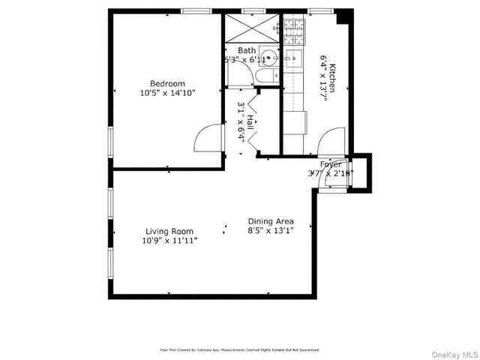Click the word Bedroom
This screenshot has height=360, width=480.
(166, 83)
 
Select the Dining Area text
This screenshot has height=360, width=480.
(271, 222)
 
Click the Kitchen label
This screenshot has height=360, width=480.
(334, 77)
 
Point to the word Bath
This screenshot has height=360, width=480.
(247, 50)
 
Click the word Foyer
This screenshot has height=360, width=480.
(331, 164)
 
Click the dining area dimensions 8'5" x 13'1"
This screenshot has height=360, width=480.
(271, 232)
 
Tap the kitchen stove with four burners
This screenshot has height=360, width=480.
(293, 29)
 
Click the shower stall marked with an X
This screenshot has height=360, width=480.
(251, 29)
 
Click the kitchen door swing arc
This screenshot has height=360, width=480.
(332, 140)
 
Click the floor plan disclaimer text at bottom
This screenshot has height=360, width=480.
(240, 349)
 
